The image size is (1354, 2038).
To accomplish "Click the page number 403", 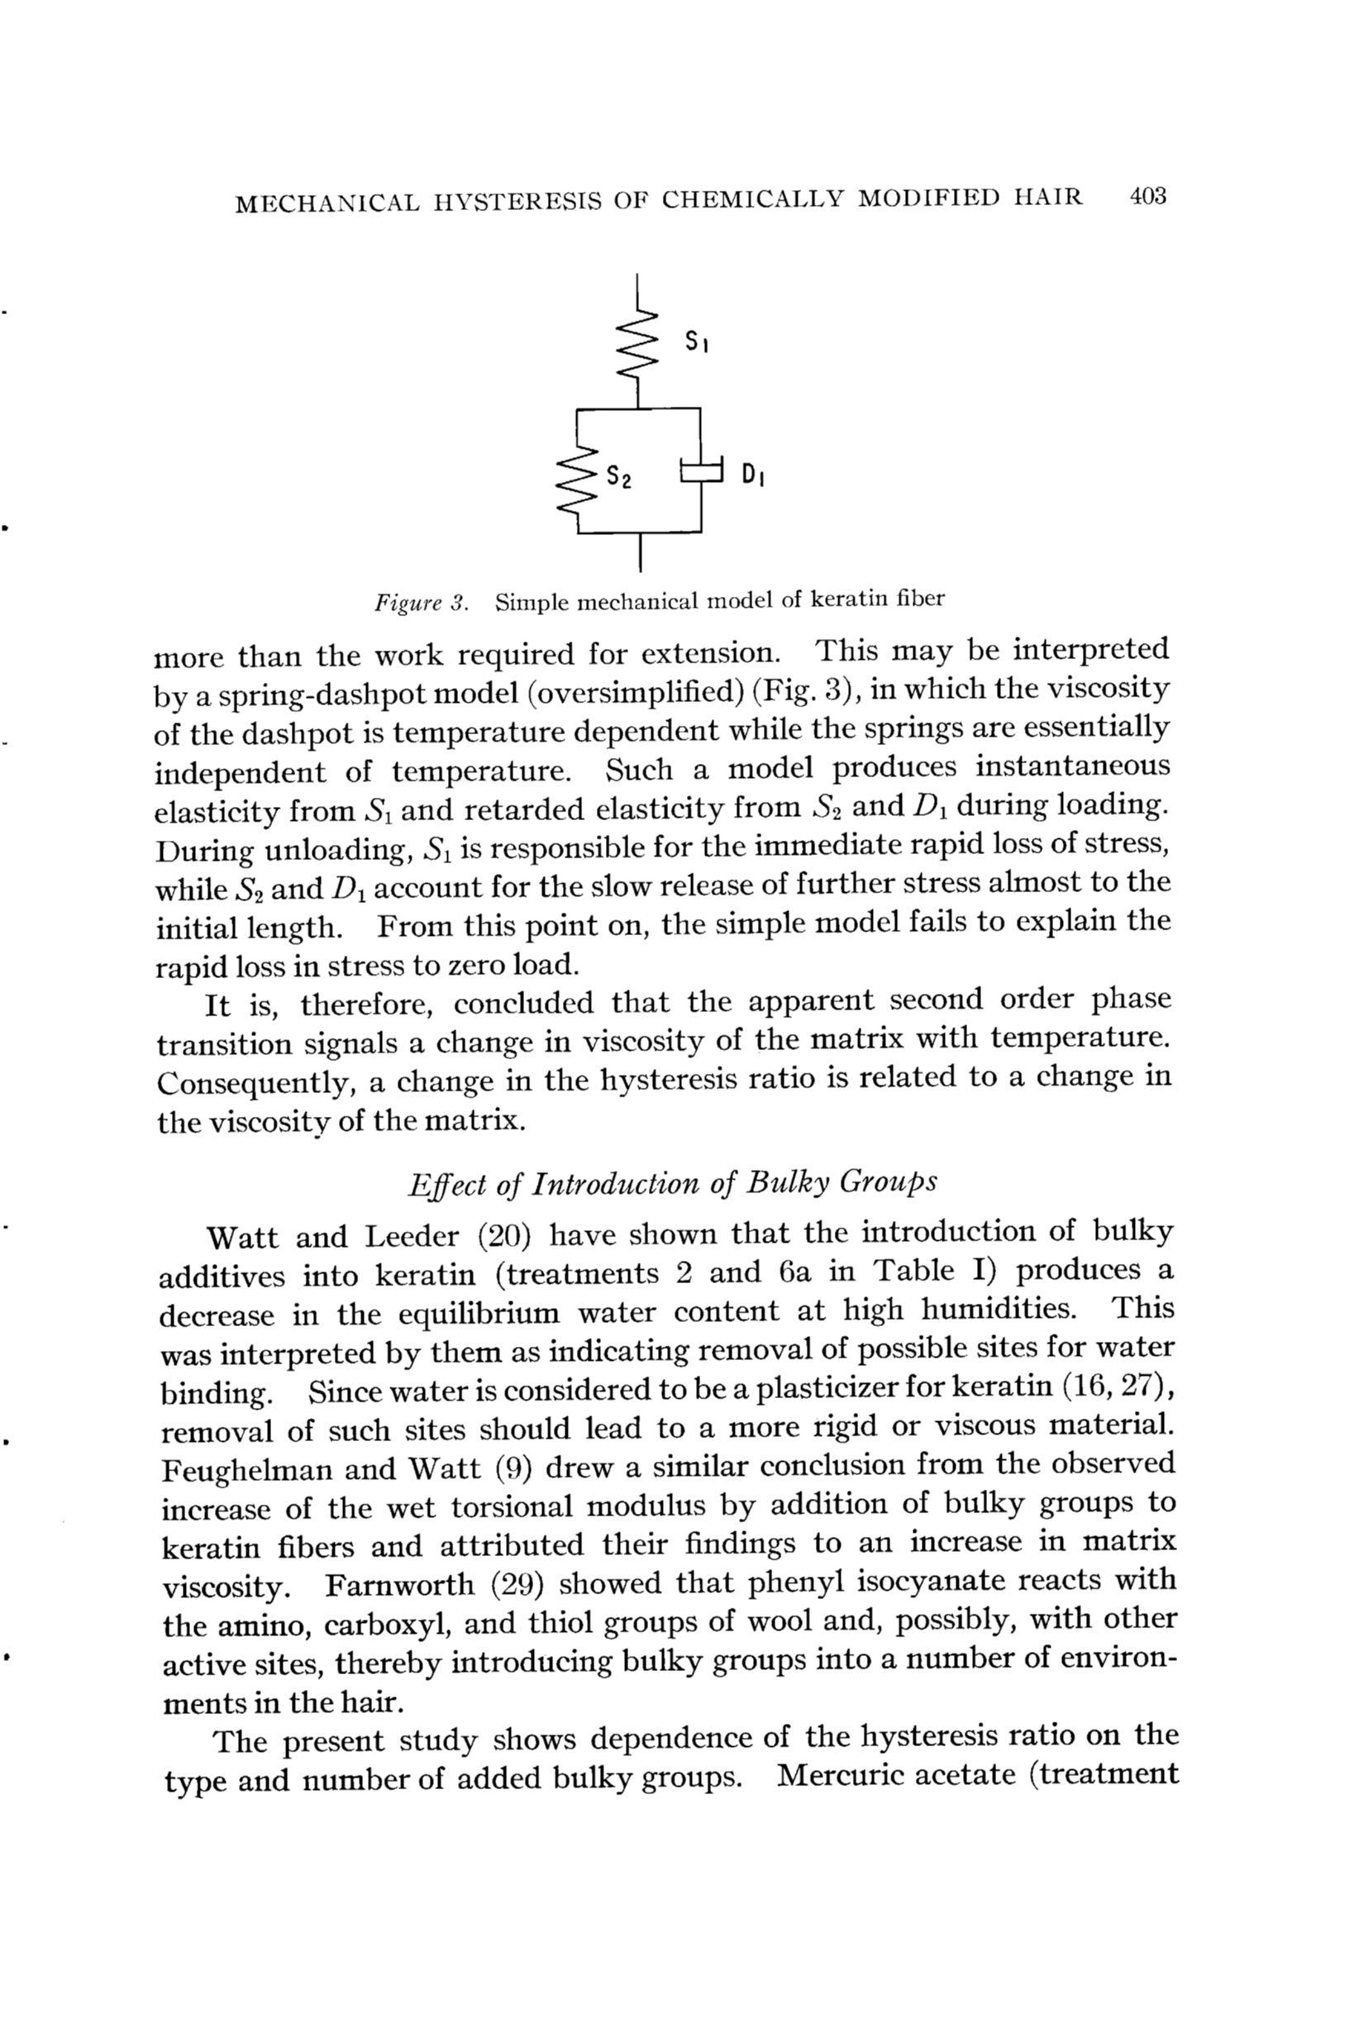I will coord(1147,196).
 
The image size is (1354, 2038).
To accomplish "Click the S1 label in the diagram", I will coord(697,343).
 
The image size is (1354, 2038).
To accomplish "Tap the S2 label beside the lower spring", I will coord(618,476).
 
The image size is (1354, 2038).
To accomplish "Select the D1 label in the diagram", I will coord(751,474).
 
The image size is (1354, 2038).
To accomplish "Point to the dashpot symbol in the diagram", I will coord(700,470).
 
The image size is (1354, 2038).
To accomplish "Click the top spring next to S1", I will coord(638,341).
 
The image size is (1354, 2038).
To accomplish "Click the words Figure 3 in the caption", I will coord(421,602).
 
